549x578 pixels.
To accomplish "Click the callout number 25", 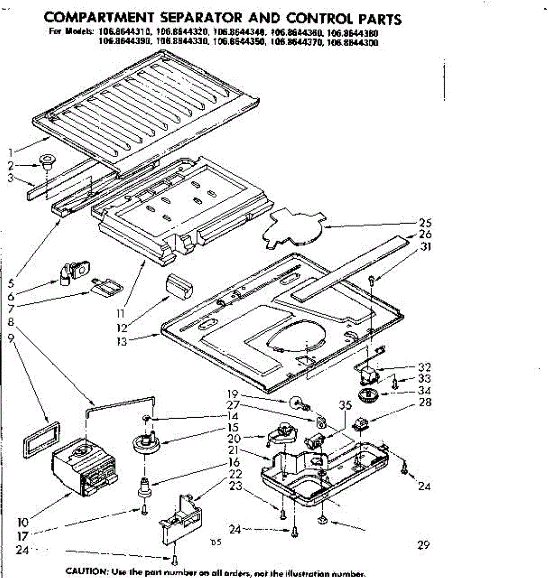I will (425, 223).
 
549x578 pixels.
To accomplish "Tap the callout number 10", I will (23, 522).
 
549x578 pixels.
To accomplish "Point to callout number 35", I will (344, 406).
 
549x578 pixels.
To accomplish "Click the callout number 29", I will (423, 545).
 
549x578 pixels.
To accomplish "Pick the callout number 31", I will (426, 247).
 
